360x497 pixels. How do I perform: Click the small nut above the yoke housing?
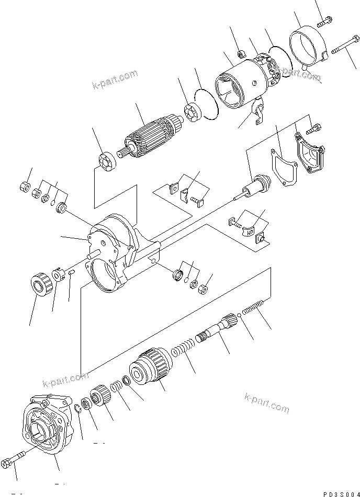tap(242, 53)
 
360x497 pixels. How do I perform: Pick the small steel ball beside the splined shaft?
tap(239, 316)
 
